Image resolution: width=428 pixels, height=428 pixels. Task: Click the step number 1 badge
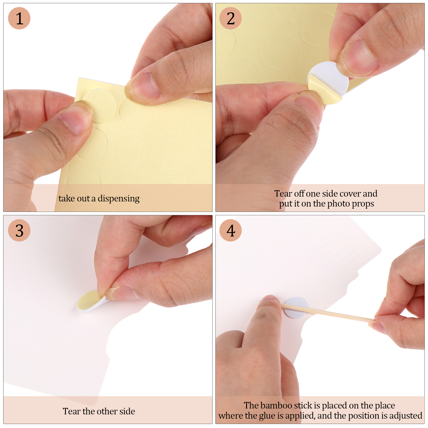[19, 18]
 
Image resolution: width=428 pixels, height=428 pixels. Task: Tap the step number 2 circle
[231, 18]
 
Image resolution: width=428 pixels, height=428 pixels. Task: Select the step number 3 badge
[19, 230]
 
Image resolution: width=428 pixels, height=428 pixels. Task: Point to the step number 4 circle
[231, 230]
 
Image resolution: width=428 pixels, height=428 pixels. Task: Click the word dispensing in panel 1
[119, 199]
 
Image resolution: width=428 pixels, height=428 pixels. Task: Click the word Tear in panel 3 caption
[72, 411]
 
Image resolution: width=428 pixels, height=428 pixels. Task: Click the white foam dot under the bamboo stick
[296, 308]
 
